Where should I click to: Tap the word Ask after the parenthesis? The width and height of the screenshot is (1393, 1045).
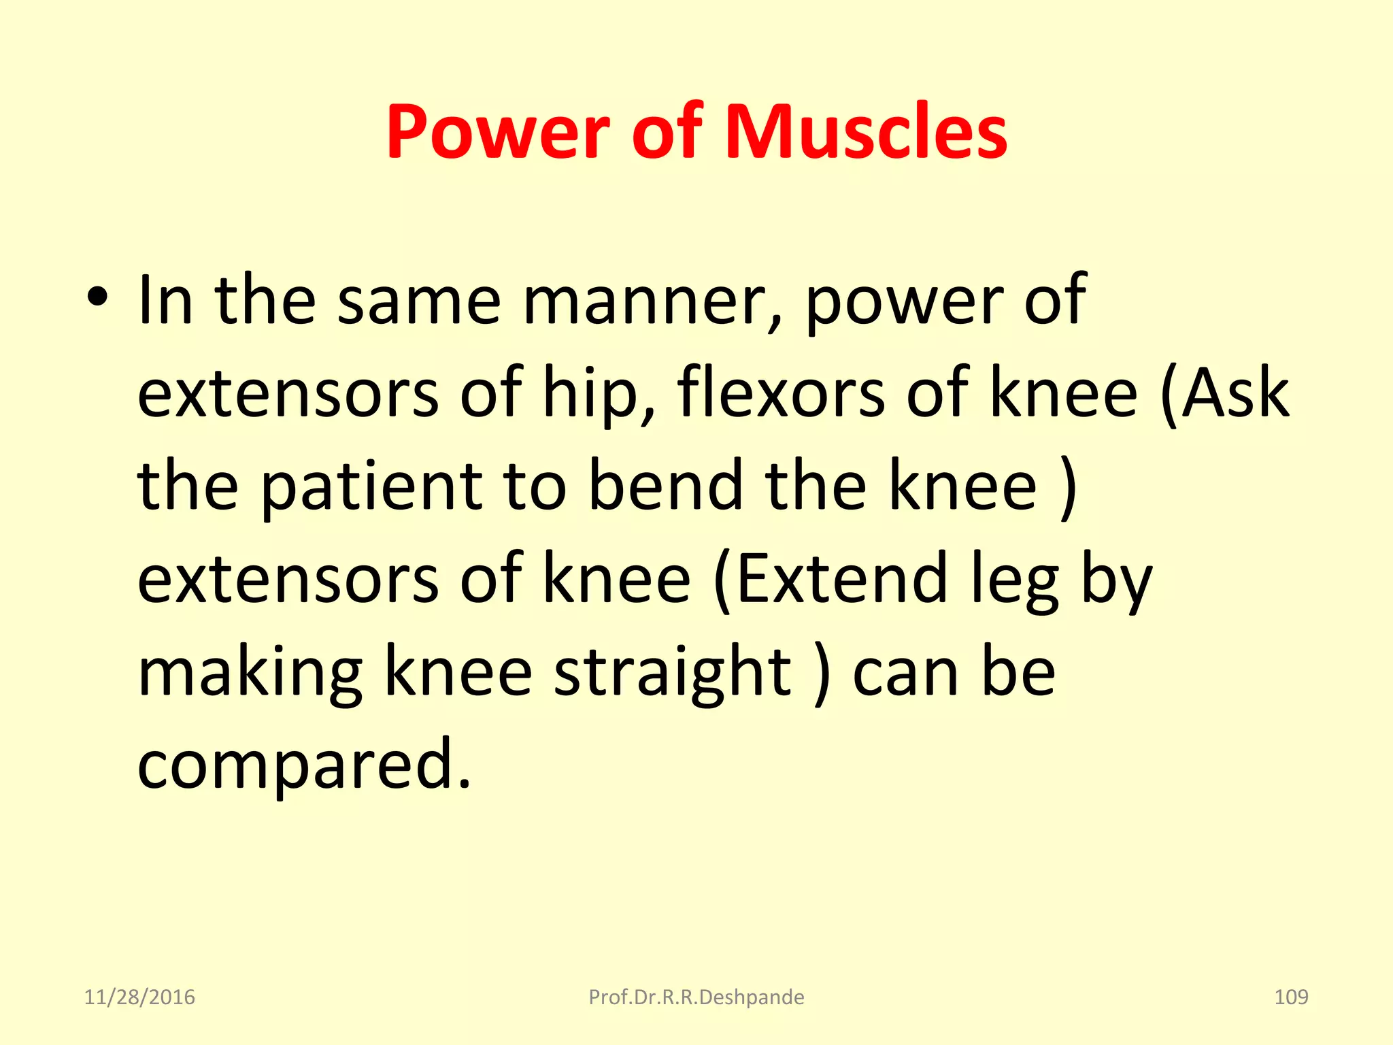coord(1234,393)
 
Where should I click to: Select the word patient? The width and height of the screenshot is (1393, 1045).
coord(371,487)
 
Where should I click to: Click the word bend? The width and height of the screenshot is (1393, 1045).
coord(665,486)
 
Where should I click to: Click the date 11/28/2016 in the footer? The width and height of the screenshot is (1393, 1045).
coord(139,997)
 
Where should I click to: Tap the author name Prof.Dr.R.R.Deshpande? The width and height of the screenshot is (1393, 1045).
coord(696,997)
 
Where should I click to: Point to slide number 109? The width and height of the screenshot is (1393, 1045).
coord(1290,997)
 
